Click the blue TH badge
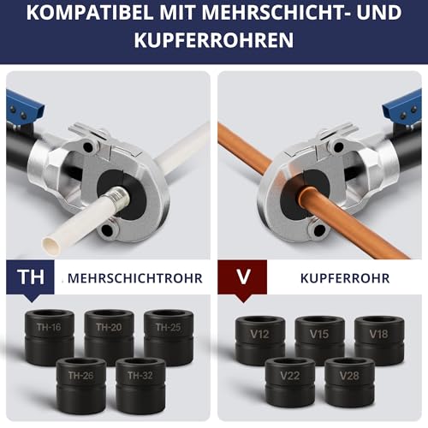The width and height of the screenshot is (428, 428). (x=31, y=278)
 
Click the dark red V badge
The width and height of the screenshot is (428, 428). (x=242, y=278)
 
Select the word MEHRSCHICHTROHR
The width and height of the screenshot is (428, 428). (x=134, y=279)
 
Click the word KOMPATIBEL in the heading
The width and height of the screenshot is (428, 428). (x=87, y=15)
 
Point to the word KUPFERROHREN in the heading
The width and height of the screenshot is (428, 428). (x=214, y=40)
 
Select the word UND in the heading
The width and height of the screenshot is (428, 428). (x=379, y=15)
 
